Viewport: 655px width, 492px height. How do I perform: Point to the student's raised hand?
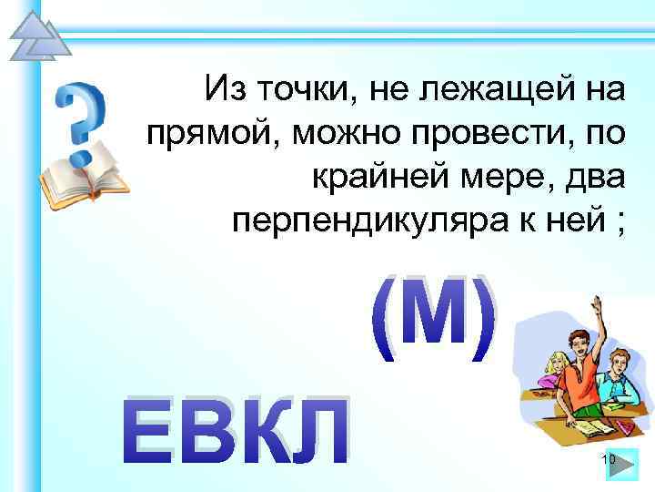pos(596,305)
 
